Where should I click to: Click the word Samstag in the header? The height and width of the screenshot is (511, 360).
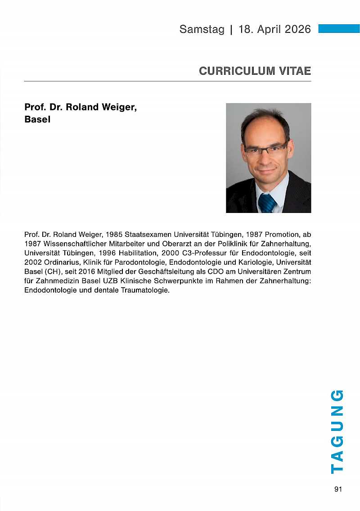(202, 29)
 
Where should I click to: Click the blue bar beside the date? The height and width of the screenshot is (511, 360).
(339, 29)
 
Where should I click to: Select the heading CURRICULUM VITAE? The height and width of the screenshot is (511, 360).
(255, 71)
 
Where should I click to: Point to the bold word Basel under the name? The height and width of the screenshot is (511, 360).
(37, 120)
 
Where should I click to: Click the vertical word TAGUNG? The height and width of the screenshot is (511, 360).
(337, 431)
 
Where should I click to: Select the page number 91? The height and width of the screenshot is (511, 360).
(338, 489)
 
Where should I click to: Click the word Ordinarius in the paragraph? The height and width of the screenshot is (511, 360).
(60, 262)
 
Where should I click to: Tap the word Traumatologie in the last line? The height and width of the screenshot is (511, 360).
(147, 290)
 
